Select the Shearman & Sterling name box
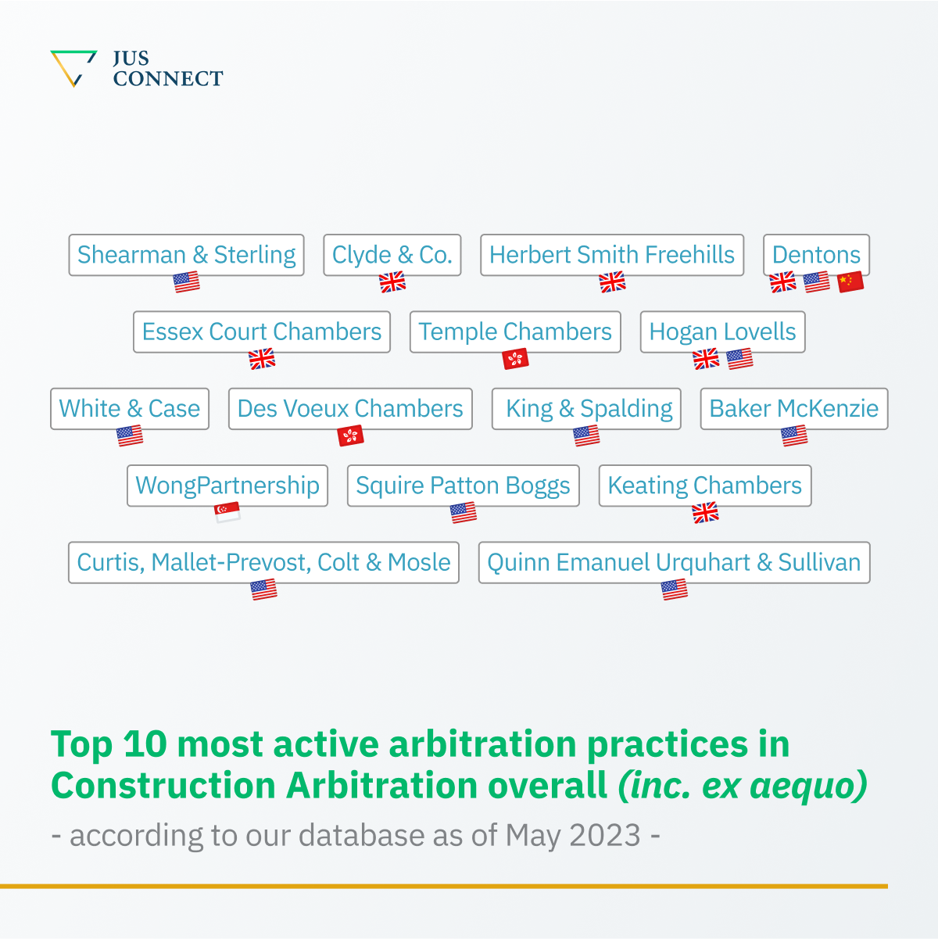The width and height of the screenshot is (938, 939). [x=186, y=255]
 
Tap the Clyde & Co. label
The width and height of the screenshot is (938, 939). [x=392, y=255]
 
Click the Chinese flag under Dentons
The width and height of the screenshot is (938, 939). [x=850, y=281]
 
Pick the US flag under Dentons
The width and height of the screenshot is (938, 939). [x=816, y=281]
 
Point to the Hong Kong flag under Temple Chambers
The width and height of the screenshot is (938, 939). [x=515, y=359]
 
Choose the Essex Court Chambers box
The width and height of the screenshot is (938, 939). [x=261, y=332]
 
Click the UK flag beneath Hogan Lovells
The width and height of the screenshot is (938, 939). [x=706, y=359]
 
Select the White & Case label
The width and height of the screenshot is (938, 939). [x=130, y=409]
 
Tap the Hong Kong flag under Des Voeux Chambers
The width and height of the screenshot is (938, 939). [x=350, y=435]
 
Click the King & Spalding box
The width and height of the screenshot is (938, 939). [x=586, y=409]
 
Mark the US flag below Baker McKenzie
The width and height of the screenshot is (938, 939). [x=794, y=435]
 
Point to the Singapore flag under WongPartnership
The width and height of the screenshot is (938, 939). [x=227, y=512]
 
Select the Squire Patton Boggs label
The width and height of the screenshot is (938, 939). [x=463, y=486]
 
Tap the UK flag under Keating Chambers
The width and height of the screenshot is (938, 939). [x=705, y=512]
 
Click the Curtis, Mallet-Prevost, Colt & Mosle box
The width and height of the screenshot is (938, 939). [x=263, y=562]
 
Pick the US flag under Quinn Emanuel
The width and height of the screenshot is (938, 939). [x=674, y=589]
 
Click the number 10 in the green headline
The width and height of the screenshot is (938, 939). [x=145, y=744]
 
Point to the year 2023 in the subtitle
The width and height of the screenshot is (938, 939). [x=605, y=835]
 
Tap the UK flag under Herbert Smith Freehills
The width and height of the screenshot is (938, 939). [x=612, y=281]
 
